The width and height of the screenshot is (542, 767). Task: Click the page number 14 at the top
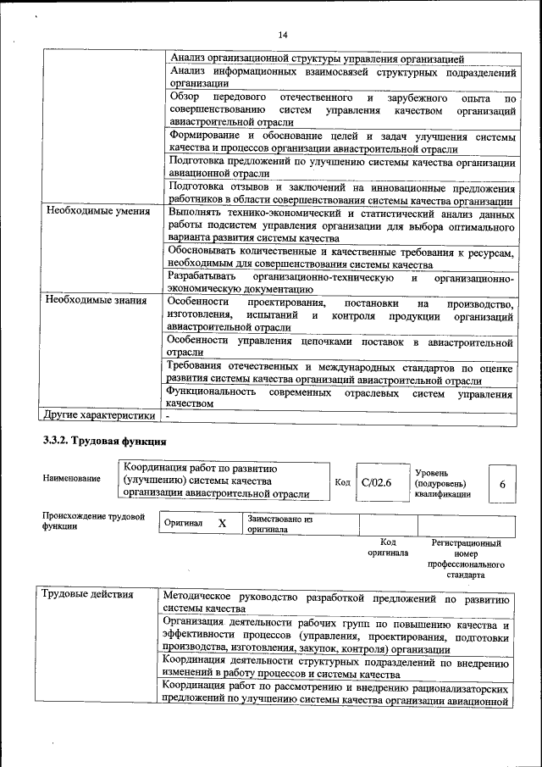[283, 34]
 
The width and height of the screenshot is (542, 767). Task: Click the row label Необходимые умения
[97, 211]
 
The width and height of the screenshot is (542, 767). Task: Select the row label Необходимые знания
[97, 302]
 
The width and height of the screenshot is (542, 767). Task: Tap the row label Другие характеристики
[99, 415]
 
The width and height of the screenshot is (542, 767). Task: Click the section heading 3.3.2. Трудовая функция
[104, 442]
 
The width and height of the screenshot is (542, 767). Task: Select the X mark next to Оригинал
[222, 524]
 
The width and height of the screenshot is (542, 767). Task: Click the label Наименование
[71, 479]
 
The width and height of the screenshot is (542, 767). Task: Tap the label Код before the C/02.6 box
[342, 482]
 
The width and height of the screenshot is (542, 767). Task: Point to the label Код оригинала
[388, 547]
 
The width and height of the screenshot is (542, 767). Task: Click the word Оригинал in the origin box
[184, 524]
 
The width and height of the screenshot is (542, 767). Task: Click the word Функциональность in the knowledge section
[211, 392]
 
